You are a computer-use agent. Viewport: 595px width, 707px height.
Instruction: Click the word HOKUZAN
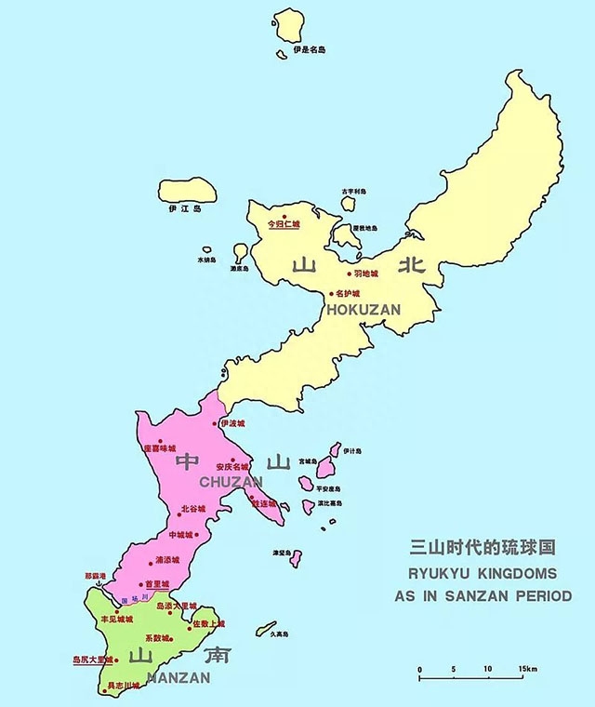point(364,308)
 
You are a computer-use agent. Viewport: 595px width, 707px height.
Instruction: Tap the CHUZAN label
point(231,481)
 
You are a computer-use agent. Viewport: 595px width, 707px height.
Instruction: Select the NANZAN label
point(176,677)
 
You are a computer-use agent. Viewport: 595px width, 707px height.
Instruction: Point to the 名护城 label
point(349,293)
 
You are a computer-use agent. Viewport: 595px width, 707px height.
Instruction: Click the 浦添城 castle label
point(168,559)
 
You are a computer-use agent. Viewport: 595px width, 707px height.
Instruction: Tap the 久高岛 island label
point(281,635)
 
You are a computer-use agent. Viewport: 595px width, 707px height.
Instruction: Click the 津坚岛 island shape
point(295,558)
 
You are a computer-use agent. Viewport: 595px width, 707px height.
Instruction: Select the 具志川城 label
point(124,686)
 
